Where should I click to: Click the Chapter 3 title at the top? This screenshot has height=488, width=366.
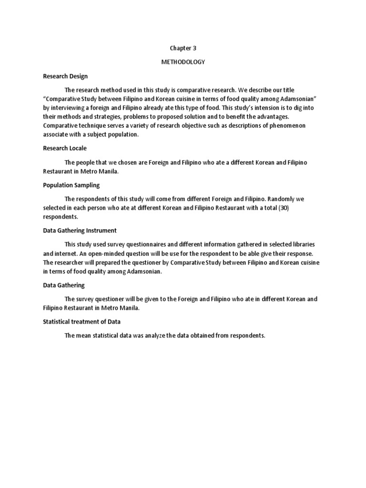pyautogui.click(x=183, y=48)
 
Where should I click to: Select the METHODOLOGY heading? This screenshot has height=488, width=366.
pyautogui.click(x=183, y=62)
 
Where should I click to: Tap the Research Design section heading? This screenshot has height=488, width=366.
pyautogui.click(x=65, y=76)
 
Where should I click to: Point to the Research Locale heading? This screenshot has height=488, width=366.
pyautogui.click(x=65, y=148)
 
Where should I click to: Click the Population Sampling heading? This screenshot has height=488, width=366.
pyautogui.click(x=71, y=185)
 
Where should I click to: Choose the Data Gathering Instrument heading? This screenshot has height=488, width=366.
pyautogui.click(x=80, y=230)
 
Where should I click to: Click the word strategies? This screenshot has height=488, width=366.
pyautogui.click(x=114, y=117)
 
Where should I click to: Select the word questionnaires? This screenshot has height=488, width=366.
pyautogui.click(x=136, y=244)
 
